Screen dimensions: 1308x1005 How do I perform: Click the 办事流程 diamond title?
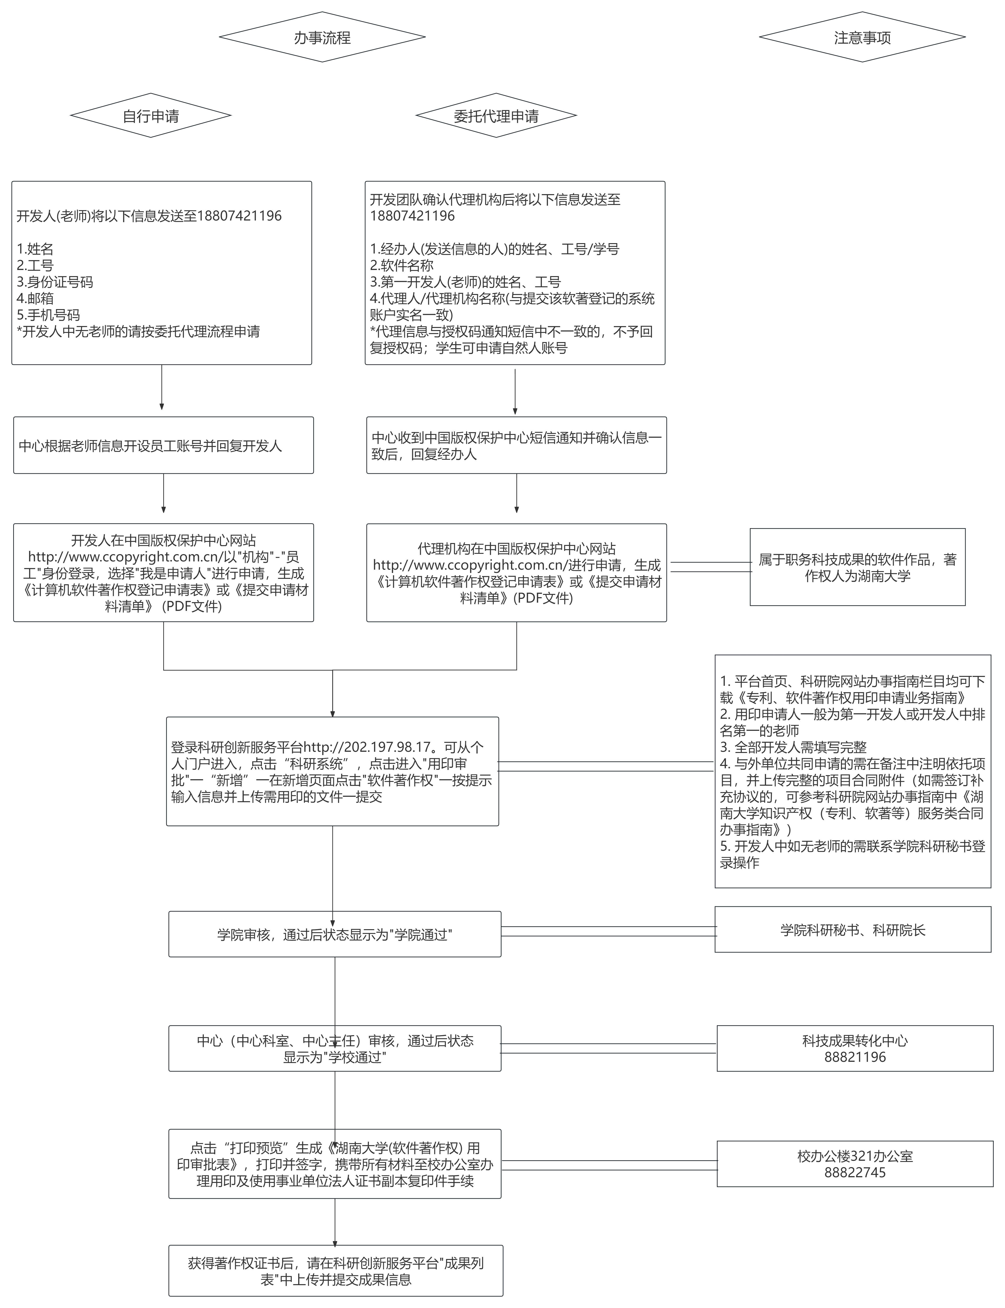click(x=322, y=37)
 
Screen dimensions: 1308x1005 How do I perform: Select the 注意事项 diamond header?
click(x=862, y=37)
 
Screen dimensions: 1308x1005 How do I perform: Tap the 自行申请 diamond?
click(x=151, y=115)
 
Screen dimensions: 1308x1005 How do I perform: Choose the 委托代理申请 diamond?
click(x=496, y=115)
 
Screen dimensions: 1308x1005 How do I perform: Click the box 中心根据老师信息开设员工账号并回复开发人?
click(x=163, y=446)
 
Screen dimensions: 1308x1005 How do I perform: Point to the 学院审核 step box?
click(x=334, y=934)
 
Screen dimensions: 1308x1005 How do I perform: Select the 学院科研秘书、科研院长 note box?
click(x=852, y=929)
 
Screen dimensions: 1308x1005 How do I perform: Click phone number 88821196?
click(x=855, y=1057)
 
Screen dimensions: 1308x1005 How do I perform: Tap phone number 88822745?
click(x=855, y=1172)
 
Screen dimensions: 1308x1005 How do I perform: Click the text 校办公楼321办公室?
click(x=855, y=1156)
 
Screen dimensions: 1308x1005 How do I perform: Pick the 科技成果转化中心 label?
click(x=855, y=1041)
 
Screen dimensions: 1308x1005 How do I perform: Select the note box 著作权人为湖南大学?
click(x=857, y=567)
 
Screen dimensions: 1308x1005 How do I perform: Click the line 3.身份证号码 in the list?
click(x=55, y=282)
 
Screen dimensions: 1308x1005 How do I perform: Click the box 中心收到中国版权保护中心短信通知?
click(x=516, y=446)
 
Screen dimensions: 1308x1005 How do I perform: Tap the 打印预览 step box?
click(x=334, y=1164)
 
